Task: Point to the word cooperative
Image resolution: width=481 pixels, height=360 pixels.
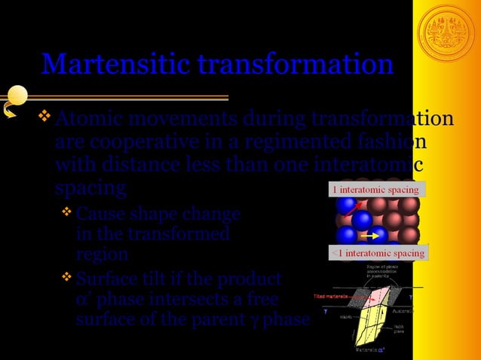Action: coord(133,142)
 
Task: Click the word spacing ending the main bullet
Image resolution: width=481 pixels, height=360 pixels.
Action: coord(90,186)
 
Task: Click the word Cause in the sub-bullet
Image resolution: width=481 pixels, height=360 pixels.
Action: coord(101,215)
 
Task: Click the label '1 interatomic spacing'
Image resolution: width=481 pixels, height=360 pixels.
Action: coord(373,189)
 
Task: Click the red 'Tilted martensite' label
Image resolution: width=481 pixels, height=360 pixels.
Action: coord(329,298)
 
